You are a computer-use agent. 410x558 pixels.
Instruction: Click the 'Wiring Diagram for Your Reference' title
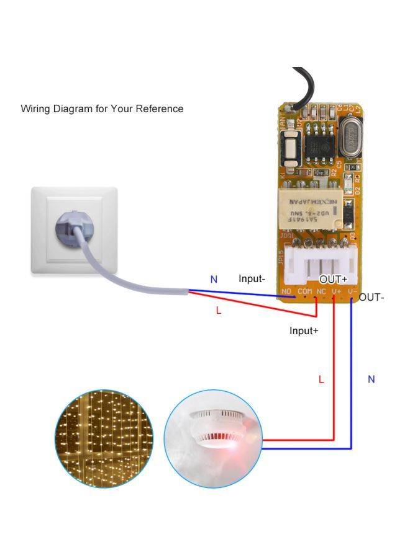click(102, 108)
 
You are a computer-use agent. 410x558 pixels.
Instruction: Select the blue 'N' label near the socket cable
click(214, 280)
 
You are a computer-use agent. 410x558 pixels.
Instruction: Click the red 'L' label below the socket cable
click(218, 310)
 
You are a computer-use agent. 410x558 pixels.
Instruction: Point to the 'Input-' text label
click(252, 279)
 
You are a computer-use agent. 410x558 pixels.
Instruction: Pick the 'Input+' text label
click(304, 331)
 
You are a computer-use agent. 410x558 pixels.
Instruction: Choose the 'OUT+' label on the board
click(333, 280)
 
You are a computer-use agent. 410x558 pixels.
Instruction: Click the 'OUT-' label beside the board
click(371, 297)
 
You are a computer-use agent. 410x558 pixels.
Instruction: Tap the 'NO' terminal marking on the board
click(286, 291)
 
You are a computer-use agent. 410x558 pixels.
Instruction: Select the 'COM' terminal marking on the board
click(304, 291)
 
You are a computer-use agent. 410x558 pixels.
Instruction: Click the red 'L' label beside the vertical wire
click(321, 379)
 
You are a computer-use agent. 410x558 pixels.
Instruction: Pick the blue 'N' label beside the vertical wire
click(371, 379)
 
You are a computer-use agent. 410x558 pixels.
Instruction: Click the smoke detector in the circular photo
click(215, 428)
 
